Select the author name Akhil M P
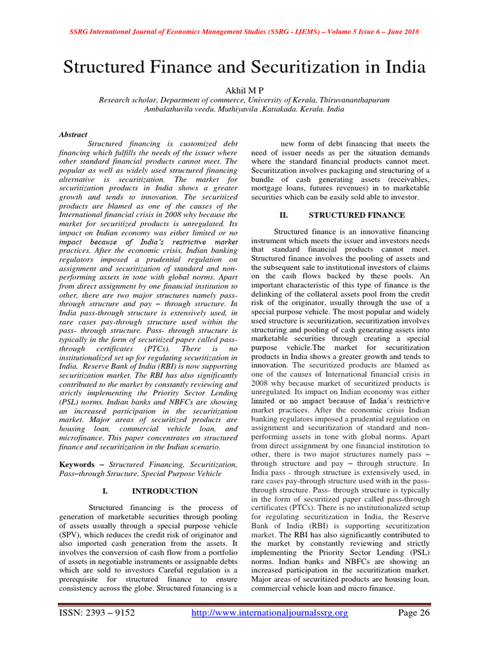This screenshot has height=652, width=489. click(244, 90)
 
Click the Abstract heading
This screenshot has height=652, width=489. click(74, 135)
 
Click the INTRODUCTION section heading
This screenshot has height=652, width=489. click(165, 491)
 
